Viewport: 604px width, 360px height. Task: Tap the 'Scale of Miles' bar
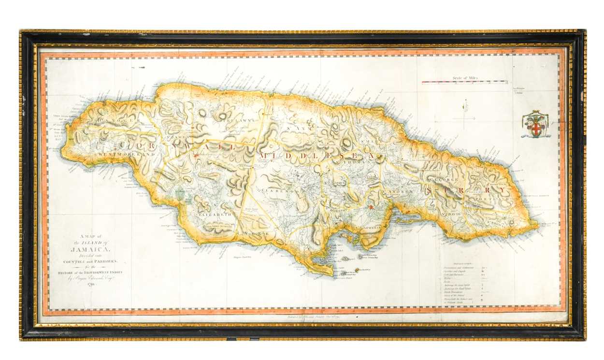(x=464, y=82)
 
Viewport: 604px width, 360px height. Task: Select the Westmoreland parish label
(x=126, y=154)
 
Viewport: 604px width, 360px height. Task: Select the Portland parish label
(x=492, y=199)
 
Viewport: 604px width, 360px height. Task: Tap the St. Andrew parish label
(x=398, y=192)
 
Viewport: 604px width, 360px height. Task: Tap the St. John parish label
(x=333, y=183)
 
